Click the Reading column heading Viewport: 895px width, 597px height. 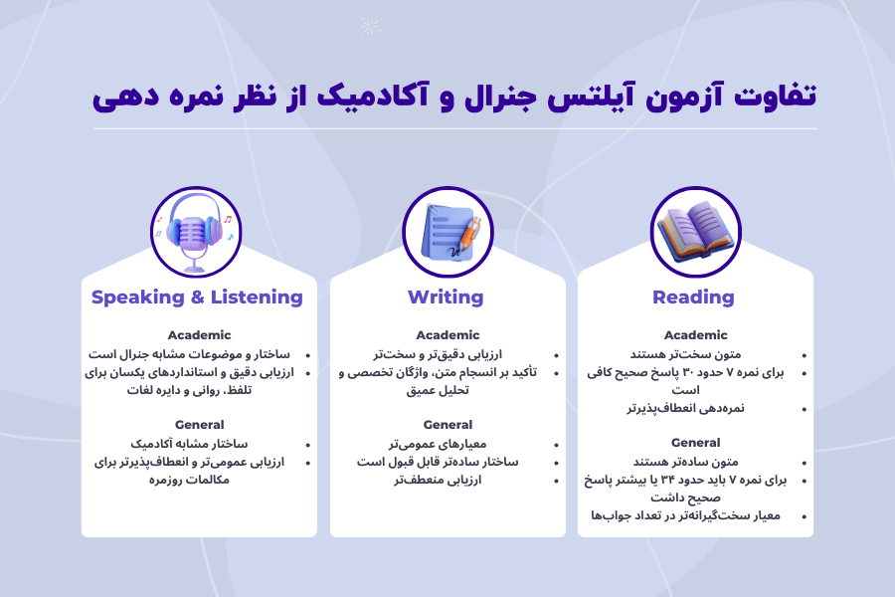coord(694,298)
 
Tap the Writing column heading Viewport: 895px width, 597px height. coord(446,298)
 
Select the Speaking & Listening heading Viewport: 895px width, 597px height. coord(197,298)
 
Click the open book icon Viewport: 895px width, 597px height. coord(695,232)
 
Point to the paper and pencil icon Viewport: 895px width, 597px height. coord(447,232)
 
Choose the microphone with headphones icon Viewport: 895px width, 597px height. coord(196,232)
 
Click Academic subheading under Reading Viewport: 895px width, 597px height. coord(695,335)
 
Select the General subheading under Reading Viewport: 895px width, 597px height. coord(695,443)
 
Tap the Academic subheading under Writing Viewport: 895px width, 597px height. coord(447,335)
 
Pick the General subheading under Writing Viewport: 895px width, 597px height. coord(447,425)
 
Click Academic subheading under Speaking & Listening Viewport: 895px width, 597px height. coord(199,335)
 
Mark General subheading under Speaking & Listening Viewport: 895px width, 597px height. coord(199,425)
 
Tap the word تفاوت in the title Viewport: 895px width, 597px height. coord(780,97)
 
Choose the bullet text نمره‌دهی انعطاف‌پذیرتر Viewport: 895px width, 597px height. coord(685,409)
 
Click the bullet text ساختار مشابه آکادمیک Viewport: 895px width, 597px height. coord(190,444)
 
